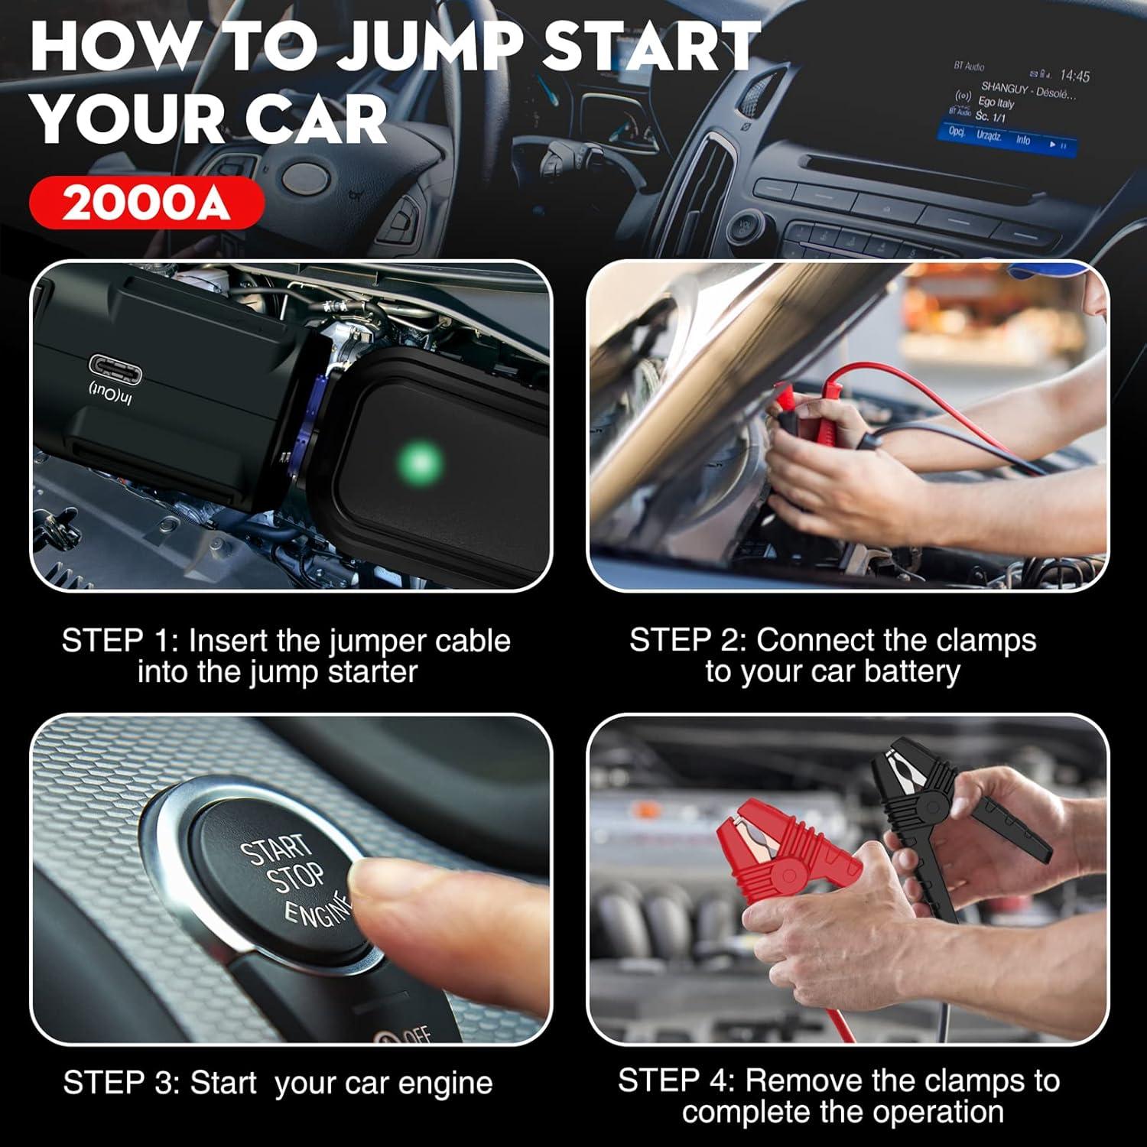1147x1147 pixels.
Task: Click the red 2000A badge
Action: pos(146,203)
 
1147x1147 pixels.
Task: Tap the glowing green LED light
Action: pos(420,461)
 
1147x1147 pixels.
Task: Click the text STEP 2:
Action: pos(687,640)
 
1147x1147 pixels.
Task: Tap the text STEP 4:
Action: pos(676,1080)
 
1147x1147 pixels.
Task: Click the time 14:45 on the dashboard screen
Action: pos(1074,75)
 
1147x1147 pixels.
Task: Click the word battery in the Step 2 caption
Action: pos(911,672)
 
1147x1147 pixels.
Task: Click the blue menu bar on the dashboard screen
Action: pos(1006,139)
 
